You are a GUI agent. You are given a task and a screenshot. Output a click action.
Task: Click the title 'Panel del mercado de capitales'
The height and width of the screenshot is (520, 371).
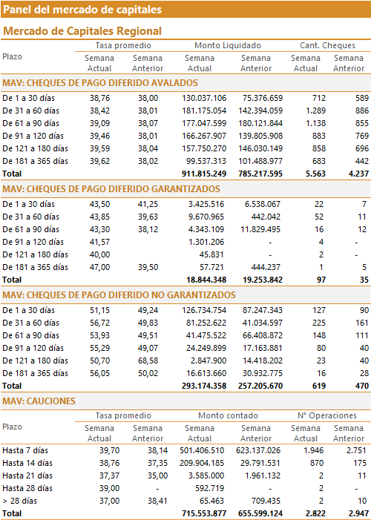pyautogui.click(x=82, y=10)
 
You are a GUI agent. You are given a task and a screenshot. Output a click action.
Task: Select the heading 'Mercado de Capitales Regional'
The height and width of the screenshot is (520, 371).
pyautogui.click(x=82, y=31)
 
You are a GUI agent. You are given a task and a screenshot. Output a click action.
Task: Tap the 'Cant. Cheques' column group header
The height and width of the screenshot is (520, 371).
pyautogui.click(x=327, y=45)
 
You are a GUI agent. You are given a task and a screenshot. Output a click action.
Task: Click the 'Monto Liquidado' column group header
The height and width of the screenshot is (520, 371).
pyautogui.click(x=228, y=45)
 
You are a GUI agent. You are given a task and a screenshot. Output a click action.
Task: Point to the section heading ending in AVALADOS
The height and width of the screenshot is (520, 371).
pyautogui.click(x=100, y=82)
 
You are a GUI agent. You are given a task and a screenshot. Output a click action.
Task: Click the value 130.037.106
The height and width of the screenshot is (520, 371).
pyautogui.click(x=204, y=98)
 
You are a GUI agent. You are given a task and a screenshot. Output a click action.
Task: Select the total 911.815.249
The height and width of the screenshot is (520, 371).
pyautogui.click(x=204, y=174)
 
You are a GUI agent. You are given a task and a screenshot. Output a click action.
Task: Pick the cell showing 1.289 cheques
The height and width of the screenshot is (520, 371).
pyautogui.click(x=315, y=111)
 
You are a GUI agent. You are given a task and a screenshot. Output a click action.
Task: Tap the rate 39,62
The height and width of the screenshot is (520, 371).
pyautogui.click(x=99, y=161)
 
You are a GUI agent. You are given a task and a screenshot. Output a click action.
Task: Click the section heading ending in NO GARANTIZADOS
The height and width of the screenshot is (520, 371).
pyautogui.click(x=119, y=294)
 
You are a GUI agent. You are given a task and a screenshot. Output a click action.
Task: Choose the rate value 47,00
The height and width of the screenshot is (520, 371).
pyautogui.click(x=99, y=267)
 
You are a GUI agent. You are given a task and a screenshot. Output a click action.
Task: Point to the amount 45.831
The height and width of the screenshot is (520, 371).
pyautogui.click(x=212, y=254)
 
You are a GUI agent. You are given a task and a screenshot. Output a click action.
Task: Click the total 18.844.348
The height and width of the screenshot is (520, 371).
pyautogui.click(x=206, y=280)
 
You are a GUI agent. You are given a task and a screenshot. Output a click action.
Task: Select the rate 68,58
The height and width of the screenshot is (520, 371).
pyautogui.click(x=148, y=361)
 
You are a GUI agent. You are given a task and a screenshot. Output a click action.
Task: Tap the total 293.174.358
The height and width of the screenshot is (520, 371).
pyautogui.click(x=204, y=386)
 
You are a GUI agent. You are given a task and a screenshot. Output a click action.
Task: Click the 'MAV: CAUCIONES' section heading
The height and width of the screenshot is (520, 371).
pyautogui.click(x=39, y=401)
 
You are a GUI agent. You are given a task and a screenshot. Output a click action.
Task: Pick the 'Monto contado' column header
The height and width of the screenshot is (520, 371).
pyautogui.click(x=228, y=415)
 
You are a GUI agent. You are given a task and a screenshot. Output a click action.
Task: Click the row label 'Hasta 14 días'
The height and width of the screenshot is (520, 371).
pyautogui.click(x=27, y=463)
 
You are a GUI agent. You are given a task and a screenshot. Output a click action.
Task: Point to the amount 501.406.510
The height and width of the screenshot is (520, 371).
pyautogui.click(x=202, y=450)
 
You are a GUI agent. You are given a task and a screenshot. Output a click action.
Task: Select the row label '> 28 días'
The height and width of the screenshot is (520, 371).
pyautogui.click(x=19, y=501)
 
